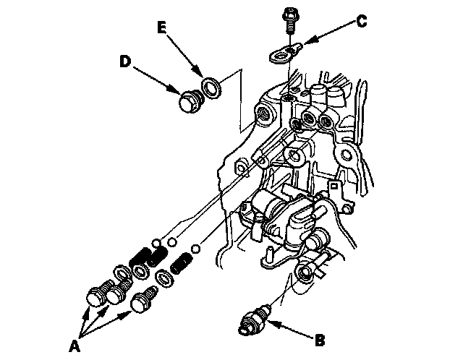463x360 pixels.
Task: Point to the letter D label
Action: pos(124,62)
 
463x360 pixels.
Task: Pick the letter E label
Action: pos(163,29)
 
